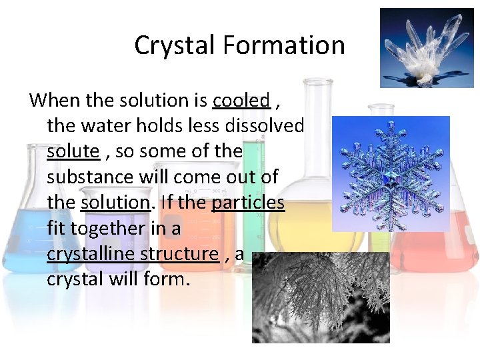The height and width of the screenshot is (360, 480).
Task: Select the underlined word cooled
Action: pyautogui.click(x=241, y=101)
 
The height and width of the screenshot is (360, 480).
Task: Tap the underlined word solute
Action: pyautogui.click(x=73, y=151)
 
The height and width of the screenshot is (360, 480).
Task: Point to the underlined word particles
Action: pyautogui.click(x=248, y=203)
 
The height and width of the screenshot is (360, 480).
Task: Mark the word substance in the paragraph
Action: pyautogui.click(x=88, y=177)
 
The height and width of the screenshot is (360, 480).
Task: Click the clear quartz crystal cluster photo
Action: pyautogui.click(x=426, y=47)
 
